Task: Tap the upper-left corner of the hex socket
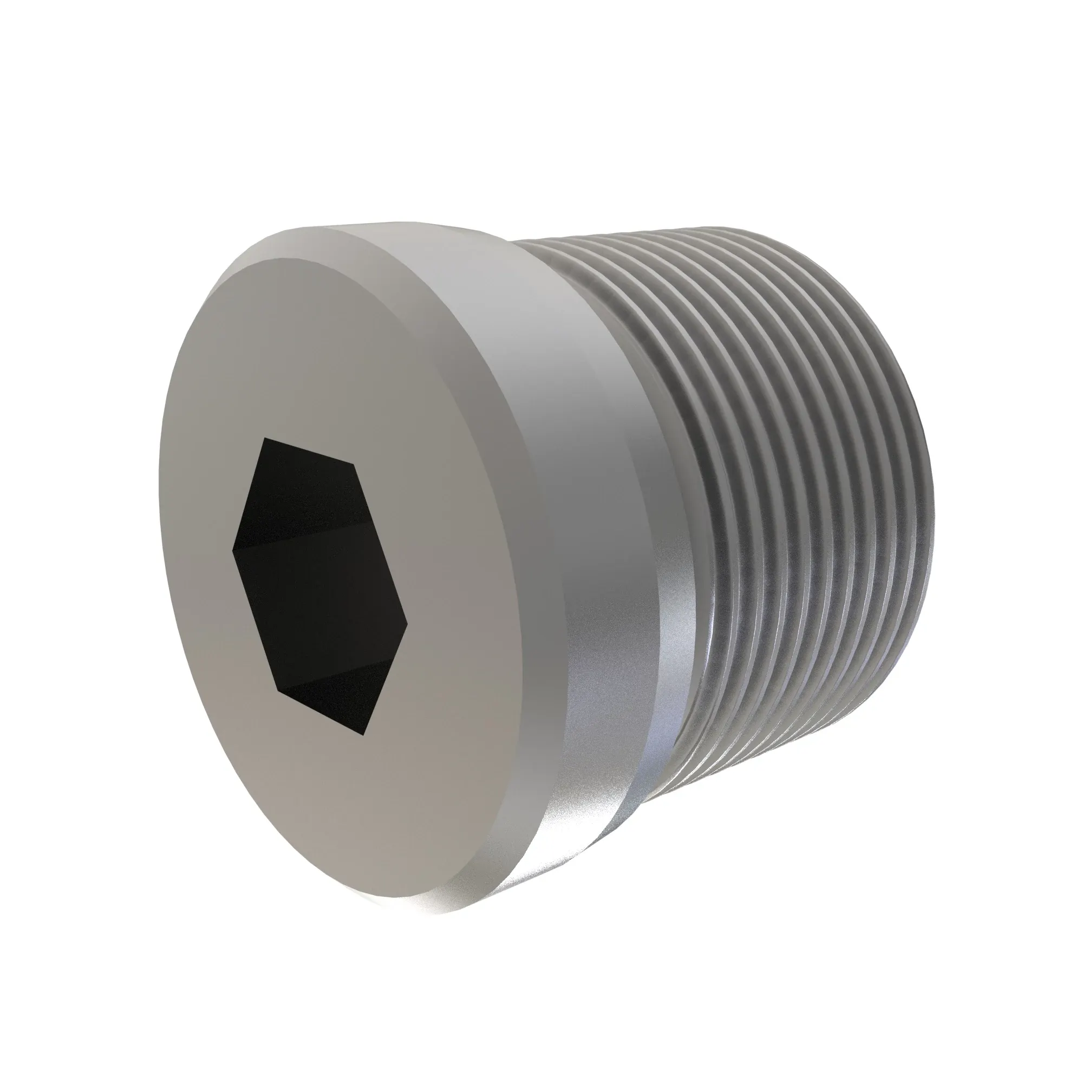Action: (x=267, y=439)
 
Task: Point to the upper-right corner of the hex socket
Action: (x=355, y=464)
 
